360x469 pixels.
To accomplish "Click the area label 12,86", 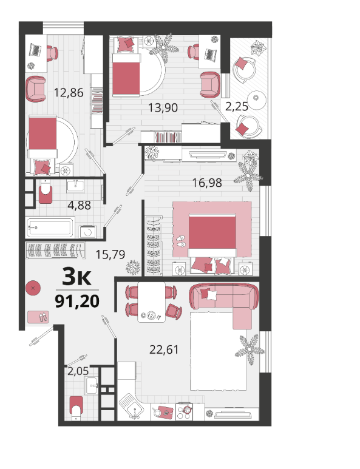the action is point(69,93).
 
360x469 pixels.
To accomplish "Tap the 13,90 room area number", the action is point(163,107).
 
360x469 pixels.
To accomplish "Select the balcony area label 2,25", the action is point(237,106).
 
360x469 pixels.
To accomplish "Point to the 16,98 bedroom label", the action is point(207,183).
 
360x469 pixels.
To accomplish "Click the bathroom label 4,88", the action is point(80,205).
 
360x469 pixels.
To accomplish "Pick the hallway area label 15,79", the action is point(110,254).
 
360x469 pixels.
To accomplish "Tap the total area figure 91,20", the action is point(77,301).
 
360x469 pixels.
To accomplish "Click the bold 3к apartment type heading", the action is point(76,277).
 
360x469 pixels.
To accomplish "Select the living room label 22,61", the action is point(164,349).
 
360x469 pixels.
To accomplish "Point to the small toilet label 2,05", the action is point(78,371).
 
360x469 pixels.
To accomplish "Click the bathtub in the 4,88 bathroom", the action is point(50,228).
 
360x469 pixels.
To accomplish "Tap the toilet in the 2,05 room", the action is point(76,408).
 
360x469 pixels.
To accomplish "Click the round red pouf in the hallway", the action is point(33,288).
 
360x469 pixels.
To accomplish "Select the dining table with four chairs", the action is point(151,302).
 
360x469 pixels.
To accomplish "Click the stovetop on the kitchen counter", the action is point(184,412).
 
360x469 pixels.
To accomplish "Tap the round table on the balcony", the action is point(257,100).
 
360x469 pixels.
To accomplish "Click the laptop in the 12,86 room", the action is point(35,50).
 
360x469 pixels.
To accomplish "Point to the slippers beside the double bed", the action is point(181,241).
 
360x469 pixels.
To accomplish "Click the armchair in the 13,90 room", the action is point(210,85).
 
